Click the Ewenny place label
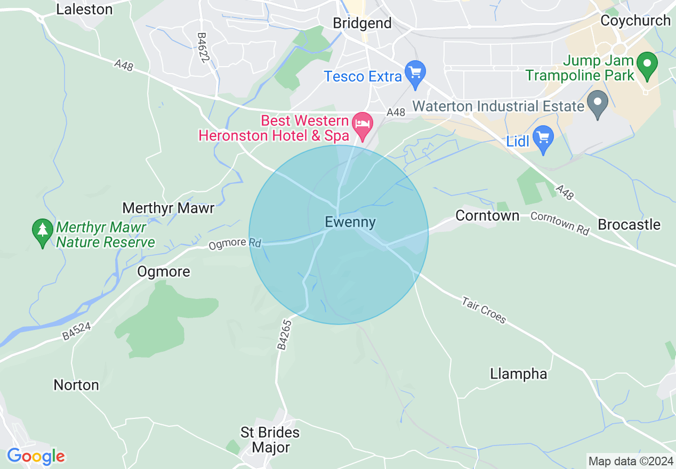[x=350, y=222]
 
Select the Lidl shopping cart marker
[x=543, y=138]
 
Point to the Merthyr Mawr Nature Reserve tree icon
[x=42, y=231]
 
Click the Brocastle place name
[x=629, y=224]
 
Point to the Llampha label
[x=519, y=374]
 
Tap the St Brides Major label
[x=270, y=440]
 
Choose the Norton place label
[x=76, y=385]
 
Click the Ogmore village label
[x=164, y=271]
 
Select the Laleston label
[x=84, y=9]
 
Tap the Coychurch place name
[x=635, y=20]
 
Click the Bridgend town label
[x=362, y=23]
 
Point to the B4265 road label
[x=285, y=335]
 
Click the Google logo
[x=36, y=456]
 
